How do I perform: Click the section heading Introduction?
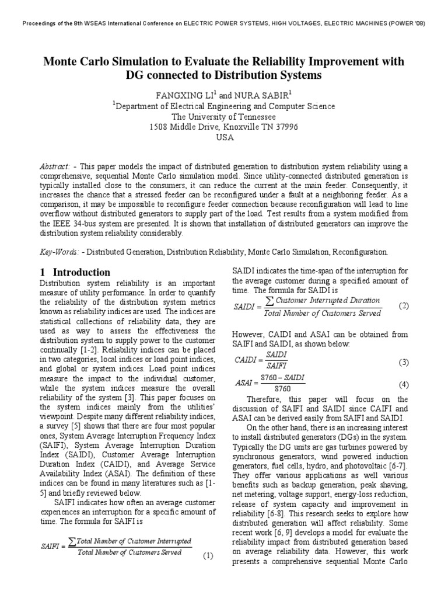point(82,272)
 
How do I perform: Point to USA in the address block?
point(224,137)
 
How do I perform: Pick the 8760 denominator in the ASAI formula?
point(282,388)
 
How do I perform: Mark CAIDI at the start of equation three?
point(245,360)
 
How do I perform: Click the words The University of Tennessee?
point(223,116)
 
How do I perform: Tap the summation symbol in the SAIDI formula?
point(269,301)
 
